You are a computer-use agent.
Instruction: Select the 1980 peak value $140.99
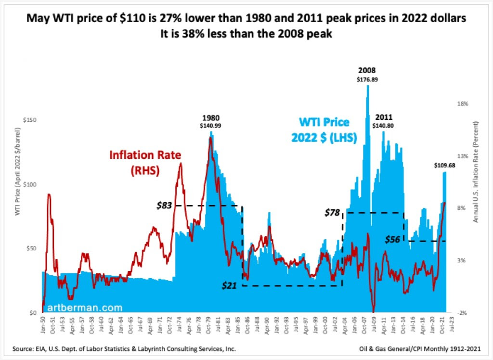click(x=211, y=126)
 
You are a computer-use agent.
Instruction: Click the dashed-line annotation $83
click(x=165, y=206)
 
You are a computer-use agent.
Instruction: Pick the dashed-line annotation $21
click(x=230, y=285)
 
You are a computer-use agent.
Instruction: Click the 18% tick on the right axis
click(x=463, y=103)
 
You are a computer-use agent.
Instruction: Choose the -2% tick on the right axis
click(x=462, y=313)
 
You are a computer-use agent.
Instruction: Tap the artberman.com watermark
click(x=81, y=307)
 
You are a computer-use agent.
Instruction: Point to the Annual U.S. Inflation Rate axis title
click(x=476, y=178)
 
